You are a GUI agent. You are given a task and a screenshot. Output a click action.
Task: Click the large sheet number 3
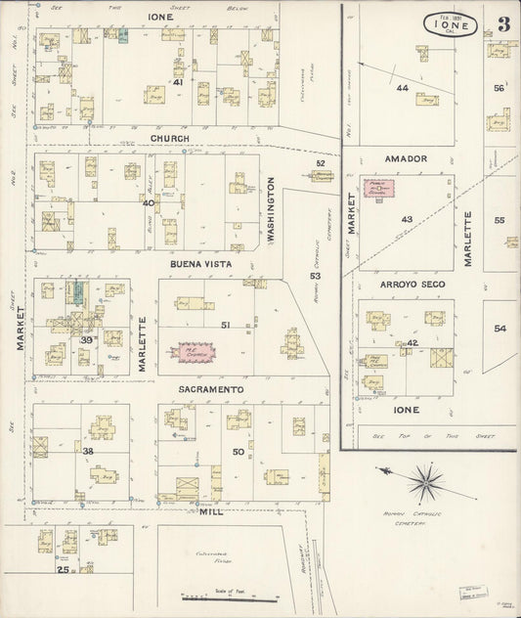[502, 24]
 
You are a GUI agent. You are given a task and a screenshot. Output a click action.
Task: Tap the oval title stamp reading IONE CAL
[451, 24]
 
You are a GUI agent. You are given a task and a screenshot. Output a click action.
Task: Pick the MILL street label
[210, 511]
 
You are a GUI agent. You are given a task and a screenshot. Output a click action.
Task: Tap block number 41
[178, 82]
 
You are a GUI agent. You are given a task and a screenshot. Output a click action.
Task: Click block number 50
[238, 451]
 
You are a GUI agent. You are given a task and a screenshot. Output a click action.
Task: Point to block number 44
[401, 88]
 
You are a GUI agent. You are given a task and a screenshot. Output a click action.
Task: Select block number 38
[87, 451]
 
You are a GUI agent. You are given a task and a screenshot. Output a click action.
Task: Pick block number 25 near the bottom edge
[64, 569]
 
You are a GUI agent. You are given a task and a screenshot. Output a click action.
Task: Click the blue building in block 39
[76, 292]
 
